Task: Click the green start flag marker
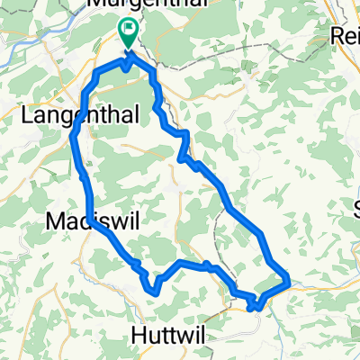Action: tap(129, 35)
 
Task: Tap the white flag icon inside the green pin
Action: tap(129, 31)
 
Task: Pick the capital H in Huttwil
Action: tap(138, 334)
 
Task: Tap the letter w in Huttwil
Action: tap(183, 334)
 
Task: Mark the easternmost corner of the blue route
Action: tap(288, 282)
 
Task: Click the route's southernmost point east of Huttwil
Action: tap(256, 307)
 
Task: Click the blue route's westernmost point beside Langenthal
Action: tap(72, 137)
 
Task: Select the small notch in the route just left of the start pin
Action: tap(121, 68)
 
